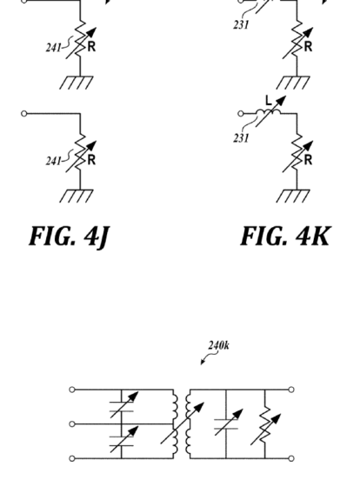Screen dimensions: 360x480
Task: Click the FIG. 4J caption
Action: point(70,237)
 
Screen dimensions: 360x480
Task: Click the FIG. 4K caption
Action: point(285,236)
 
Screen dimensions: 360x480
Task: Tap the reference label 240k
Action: point(218,345)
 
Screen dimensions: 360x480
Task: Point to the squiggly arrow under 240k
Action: point(209,357)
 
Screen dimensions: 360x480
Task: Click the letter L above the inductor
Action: point(269,100)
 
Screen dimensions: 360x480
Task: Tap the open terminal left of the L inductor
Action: point(241,114)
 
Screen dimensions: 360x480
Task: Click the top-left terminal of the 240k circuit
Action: point(72,390)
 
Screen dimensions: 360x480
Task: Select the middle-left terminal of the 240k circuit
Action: point(72,424)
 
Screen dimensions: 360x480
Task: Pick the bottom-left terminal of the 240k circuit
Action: point(72,458)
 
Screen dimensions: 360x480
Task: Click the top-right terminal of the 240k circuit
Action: point(291,390)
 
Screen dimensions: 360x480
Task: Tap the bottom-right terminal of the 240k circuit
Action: point(291,458)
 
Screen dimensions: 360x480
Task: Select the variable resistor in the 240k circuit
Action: point(265,425)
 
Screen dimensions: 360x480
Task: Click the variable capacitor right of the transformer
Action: point(227,423)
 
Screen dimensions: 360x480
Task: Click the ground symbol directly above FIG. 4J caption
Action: point(77,196)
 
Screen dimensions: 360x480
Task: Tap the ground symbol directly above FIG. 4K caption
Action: point(293,196)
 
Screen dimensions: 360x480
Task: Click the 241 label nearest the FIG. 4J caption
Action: point(53,161)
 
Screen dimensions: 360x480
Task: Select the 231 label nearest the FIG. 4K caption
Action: point(241,138)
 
